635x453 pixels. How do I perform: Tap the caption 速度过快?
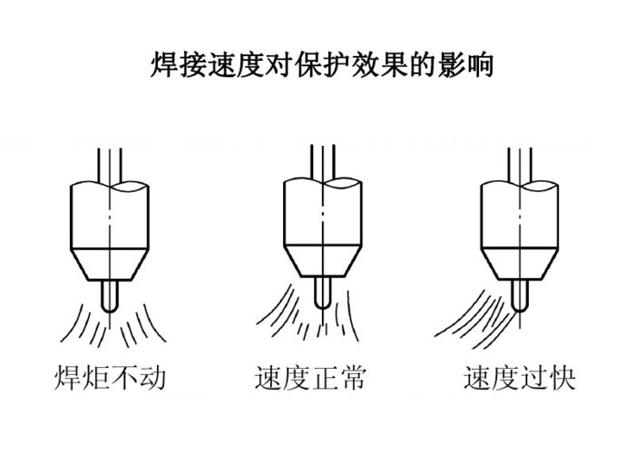(519, 377)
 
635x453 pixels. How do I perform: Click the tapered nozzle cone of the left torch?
(108, 264)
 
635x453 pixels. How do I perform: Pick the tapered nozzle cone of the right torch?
(519, 264)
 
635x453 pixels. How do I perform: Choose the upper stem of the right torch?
(519, 161)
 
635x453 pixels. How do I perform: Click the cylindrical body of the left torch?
(108, 214)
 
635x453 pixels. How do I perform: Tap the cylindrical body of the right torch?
(519, 214)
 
